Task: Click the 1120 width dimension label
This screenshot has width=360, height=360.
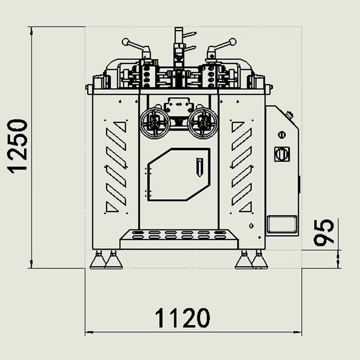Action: pyautogui.click(x=183, y=318)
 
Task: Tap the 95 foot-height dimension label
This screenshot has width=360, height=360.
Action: pyautogui.click(x=323, y=232)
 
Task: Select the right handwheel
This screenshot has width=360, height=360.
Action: pyautogui.click(x=202, y=123)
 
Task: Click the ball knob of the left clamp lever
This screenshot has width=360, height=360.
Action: pyautogui.click(x=126, y=42)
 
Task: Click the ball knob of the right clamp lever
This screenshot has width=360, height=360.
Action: pyautogui.click(x=233, y=42)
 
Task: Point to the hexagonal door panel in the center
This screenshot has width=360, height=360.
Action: pyautogui.click(x=179, y=174)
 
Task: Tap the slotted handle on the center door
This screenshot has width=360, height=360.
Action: pyautogui.click(x=199, y=167)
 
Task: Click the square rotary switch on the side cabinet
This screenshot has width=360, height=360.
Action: pyautogui.click(x=282, y=154)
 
